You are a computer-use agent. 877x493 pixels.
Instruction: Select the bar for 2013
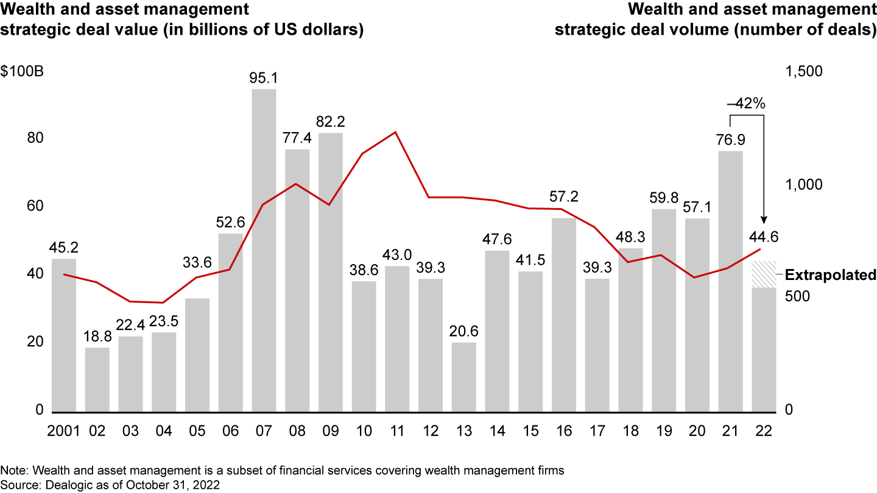(463, 377)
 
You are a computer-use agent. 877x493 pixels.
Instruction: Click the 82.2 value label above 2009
(330, 122)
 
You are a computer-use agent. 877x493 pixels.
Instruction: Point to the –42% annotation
(746, 103)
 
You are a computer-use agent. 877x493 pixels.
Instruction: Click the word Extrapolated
(830, 275)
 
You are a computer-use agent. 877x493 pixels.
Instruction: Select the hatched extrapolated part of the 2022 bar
(763, 274)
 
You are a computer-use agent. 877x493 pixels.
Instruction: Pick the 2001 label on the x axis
(65, 430)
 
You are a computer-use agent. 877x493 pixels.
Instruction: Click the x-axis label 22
(763, 430)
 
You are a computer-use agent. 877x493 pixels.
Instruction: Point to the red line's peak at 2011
(396, 132)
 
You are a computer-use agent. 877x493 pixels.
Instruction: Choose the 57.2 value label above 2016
(563, 196)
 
